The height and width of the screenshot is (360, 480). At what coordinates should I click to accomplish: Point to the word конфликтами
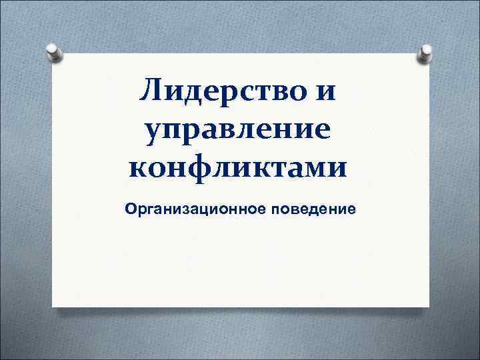[x=237, y=165]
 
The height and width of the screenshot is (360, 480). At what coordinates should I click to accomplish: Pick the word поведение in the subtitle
[x=313, y=210]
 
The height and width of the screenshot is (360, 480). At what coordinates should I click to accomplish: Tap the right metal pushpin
[x=424, y=53]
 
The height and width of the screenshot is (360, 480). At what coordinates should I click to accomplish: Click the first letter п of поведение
[x=274, y=211]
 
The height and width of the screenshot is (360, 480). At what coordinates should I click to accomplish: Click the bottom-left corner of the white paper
[x=53, y=306]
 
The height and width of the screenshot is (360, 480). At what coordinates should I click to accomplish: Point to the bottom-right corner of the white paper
[x=427, y=306]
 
